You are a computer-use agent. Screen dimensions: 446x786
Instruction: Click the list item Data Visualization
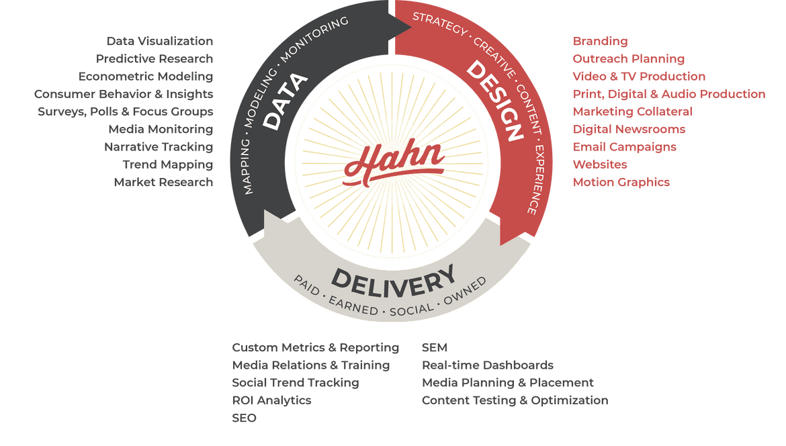tap(160, 42)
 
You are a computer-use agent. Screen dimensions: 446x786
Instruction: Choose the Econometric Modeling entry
tap(146, 77)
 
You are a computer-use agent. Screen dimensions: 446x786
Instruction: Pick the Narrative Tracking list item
tap(159, 147)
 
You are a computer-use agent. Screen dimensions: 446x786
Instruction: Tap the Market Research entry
tap(163, 182)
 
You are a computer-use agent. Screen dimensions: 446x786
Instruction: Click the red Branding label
tap(600, 42)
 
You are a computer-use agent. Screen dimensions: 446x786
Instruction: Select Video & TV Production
tap(639, 77)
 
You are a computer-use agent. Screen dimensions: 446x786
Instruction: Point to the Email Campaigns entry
tap(624, 147)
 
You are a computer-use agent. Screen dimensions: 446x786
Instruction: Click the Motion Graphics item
tap(621, 182)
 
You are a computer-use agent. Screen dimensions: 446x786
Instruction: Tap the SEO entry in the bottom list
tap(244, 418)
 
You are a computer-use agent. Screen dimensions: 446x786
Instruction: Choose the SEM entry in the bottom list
tap(434, 348)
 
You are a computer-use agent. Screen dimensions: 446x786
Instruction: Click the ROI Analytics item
tap(271, 400)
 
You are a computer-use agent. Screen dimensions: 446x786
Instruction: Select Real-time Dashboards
tap(487, 365)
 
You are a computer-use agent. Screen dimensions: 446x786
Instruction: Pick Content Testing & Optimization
tap(515, 400)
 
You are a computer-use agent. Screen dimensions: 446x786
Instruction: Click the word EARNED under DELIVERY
tap(354, 308)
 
